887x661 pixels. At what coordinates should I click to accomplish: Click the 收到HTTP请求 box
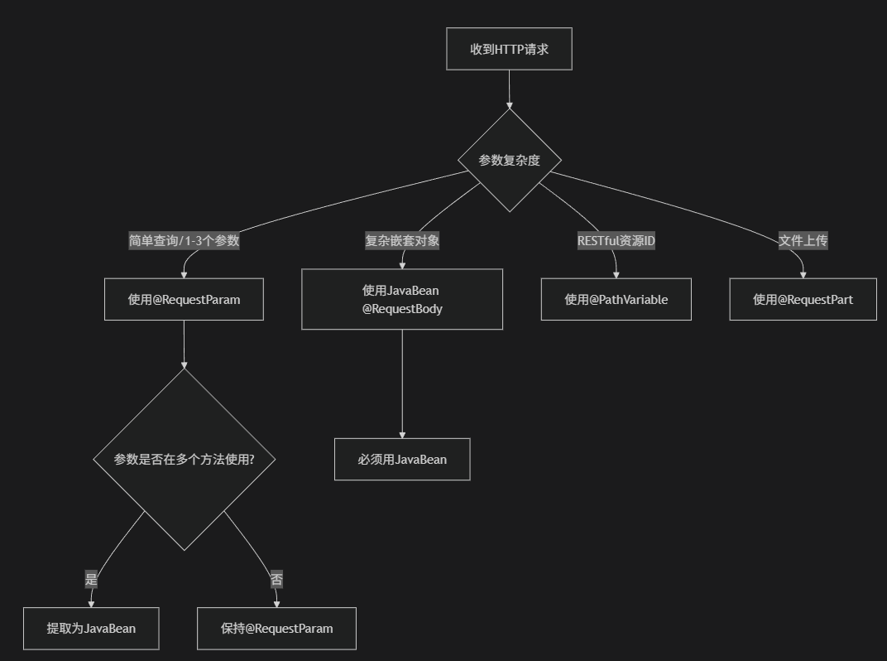point(509,49)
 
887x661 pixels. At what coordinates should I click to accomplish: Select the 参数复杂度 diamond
point(509,160)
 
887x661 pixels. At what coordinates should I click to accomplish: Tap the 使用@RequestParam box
point(184,299)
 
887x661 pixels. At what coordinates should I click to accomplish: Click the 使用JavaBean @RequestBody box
point(401,299)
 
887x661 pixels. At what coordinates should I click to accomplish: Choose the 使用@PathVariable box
point(616,299)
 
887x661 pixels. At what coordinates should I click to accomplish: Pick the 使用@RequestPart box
point(803,299)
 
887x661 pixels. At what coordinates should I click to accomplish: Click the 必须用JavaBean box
point(402,459)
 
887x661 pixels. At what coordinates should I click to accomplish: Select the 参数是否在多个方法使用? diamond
point(184,459)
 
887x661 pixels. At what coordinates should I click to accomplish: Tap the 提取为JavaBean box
point(91,628)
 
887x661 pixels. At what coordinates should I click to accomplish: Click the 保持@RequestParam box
point(276,628)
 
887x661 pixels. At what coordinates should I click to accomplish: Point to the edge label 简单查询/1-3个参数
point(184,241)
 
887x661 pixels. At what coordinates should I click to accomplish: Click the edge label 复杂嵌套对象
point(402,241)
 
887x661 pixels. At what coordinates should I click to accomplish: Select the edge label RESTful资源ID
point(616,241)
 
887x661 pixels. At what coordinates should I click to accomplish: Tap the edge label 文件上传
point(803,241)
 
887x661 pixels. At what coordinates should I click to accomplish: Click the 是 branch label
point(91,580)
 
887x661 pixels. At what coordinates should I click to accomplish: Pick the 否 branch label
point(276,580)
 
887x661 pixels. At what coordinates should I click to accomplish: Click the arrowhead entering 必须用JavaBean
point(402,434)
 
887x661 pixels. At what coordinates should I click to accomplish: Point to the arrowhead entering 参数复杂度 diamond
point(509,105)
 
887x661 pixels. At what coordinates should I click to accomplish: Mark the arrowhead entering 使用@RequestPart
point(803,274)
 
